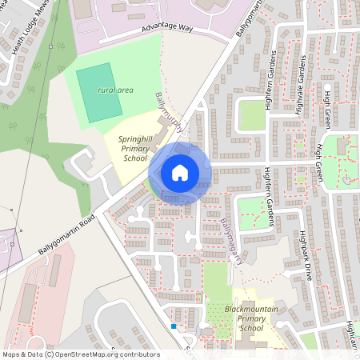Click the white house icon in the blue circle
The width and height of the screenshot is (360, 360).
pyautogui.click(x=180, y=172)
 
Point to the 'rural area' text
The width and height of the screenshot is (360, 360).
pyautogui.click(x=115, y=90)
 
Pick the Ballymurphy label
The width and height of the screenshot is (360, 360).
pyautogui.click(x=170, y=114)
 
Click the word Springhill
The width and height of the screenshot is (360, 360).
pyautogui.click(x=136, y=138)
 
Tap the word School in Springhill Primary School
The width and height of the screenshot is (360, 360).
pyautogui.click(x=136, y=158)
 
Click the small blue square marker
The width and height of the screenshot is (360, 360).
pyautogui.click(x=173, y=326)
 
